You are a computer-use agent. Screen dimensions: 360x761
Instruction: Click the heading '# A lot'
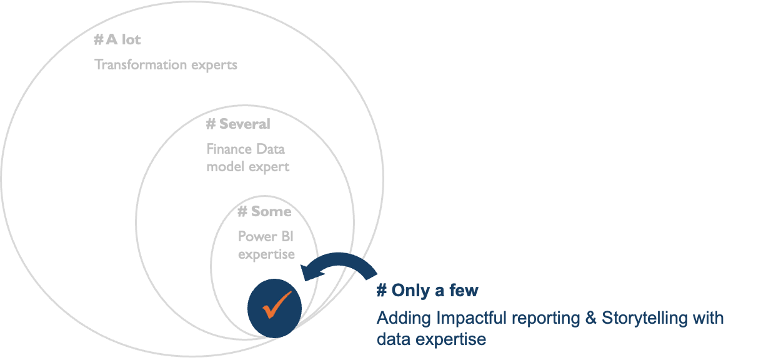tap(117, 40)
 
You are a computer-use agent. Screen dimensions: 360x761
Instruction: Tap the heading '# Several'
tap(238, 124)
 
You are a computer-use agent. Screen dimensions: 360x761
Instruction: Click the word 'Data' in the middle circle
tap(270, 149)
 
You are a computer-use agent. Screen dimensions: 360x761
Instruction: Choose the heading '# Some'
tap(264, 211)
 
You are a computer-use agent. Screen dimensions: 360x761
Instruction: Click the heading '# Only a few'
tap(427, 290)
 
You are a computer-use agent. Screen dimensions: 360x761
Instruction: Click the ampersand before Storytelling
tap(591, 318)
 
